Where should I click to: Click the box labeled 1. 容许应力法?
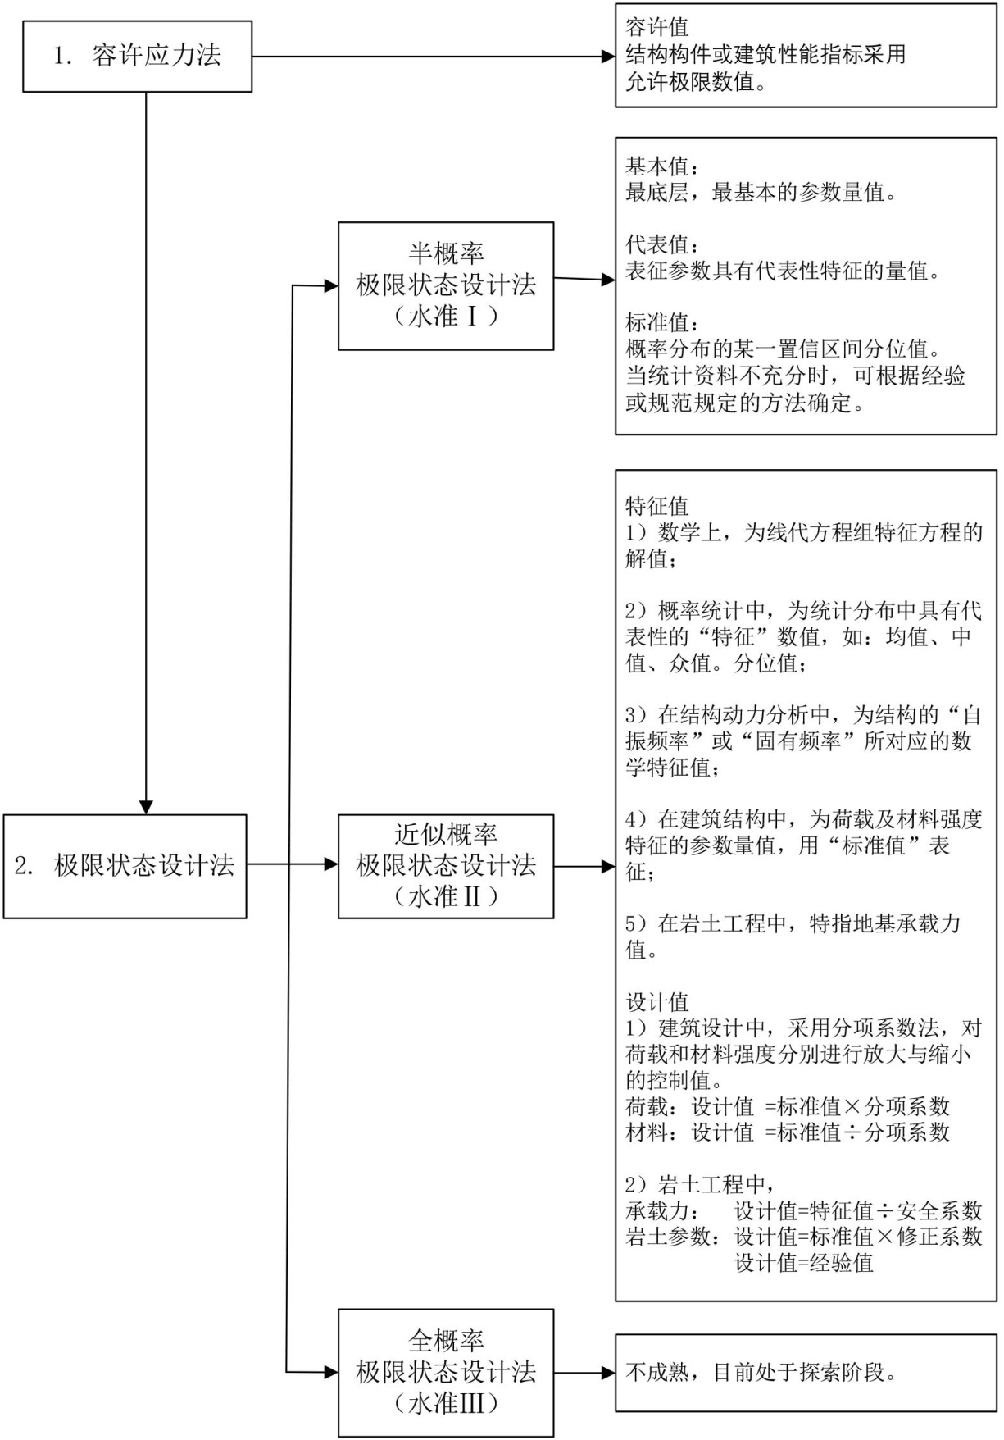(x=137, y=57)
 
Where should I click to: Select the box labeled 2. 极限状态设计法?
(x=125, y=866)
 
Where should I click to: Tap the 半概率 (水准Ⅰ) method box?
(x=446, y=285)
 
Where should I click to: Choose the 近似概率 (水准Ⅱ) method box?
(x=446, y=866)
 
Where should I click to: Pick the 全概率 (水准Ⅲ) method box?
(x=446, y=1372)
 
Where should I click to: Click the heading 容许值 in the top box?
(x=657, y=28)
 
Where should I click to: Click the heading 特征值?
(x=657, y=506)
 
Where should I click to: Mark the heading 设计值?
(x=657, y=1002)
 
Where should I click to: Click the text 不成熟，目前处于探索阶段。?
(x=761, y=1372)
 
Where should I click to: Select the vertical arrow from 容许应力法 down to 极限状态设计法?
(x=146, y=451)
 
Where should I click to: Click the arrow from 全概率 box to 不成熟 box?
(x=584, y=1372)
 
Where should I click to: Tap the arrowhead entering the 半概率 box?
(x=331, y=286)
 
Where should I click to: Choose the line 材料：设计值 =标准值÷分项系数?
(x=788, y=1132)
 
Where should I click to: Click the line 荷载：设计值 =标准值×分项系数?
(x=788, y=1106)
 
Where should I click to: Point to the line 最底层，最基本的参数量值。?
(x=761, y=194)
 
